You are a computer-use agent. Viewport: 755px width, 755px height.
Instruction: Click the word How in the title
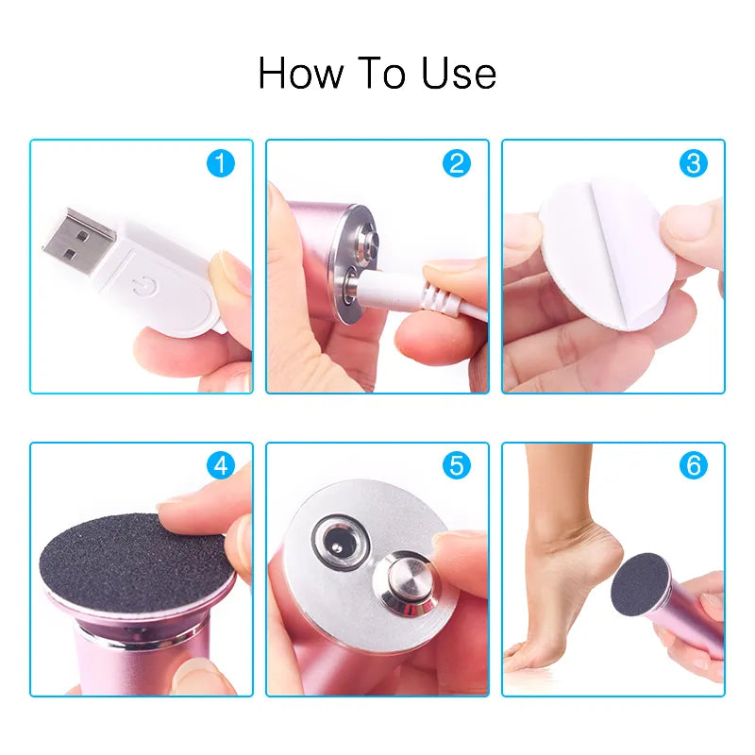pyautogui.click(x=294, y=74)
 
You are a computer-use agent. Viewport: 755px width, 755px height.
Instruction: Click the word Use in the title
pyautogui.click(x=459, y=74)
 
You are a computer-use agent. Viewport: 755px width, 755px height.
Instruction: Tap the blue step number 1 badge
pyautogui.click(x=221, y=164)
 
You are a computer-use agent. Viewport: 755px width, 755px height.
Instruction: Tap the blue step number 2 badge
pyautogui.click(x=457, y=164)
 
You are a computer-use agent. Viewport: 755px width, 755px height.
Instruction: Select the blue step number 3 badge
pyautogui.click(x=694, y=164)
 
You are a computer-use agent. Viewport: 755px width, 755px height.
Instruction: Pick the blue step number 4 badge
pyautogui.click(x=221, y=465)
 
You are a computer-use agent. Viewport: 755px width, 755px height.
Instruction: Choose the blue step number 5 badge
pyautogui.click(x=457, y=465)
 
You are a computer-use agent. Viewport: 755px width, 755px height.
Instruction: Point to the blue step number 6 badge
pyautogui.click(x=694, y=465)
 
